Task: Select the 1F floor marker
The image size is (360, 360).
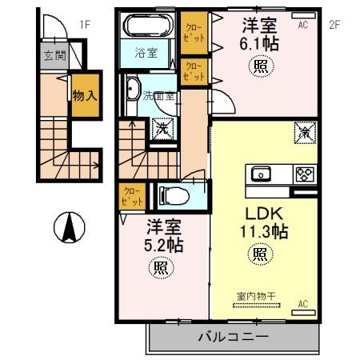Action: click(84, 24)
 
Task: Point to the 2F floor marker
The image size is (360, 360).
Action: click(334, 24)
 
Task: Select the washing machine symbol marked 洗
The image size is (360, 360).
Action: click(162, 126)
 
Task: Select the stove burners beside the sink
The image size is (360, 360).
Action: click(305, 173)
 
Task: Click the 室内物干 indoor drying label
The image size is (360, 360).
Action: click(255, 296)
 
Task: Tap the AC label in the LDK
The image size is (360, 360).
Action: click(303, 304)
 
